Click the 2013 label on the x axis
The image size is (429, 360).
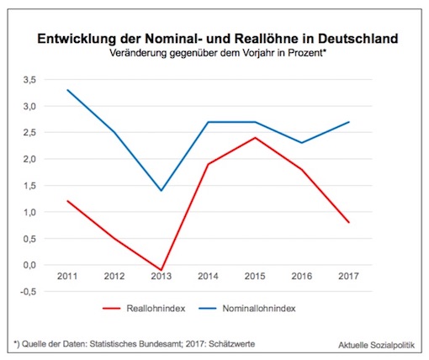pos(161,277)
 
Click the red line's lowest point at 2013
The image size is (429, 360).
pos(161,270)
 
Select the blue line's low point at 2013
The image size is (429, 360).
pos(161,191)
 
